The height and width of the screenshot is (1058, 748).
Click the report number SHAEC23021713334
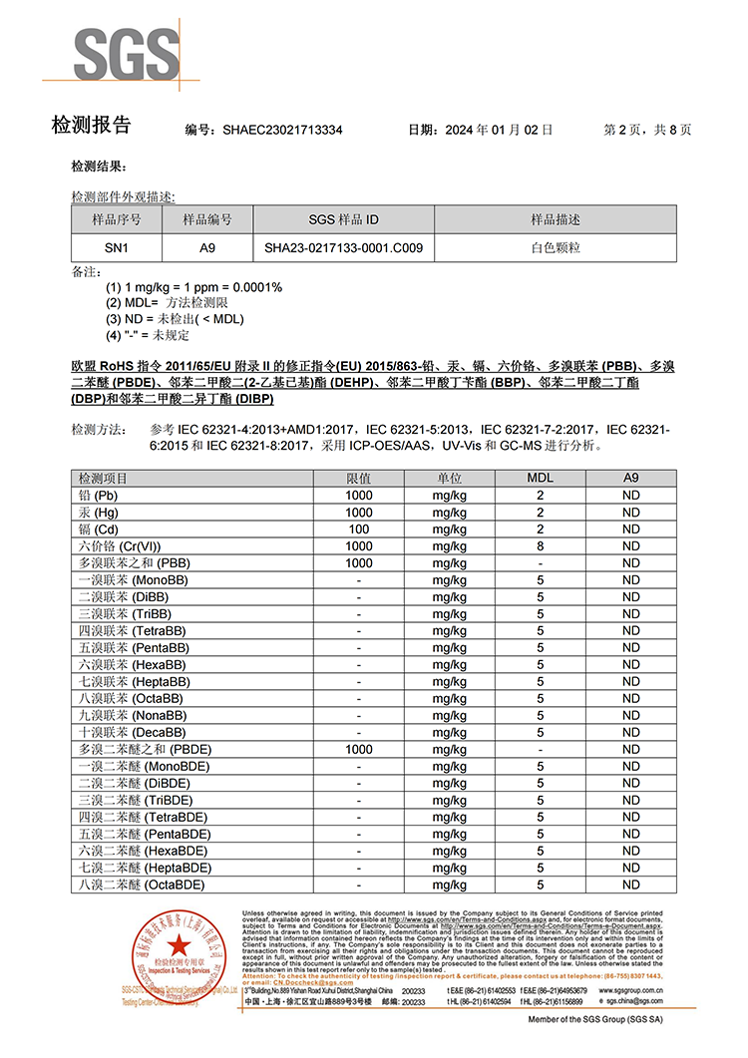282,130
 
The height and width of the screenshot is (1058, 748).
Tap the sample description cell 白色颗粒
555,248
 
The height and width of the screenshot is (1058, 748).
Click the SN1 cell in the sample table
117,248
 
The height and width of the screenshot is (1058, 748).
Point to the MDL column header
540,479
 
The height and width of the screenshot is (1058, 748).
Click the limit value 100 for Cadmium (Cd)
359,529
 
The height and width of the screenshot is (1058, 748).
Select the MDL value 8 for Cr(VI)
540,546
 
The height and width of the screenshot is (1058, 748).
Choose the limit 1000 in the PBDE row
359,749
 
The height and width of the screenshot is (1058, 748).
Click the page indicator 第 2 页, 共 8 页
647,130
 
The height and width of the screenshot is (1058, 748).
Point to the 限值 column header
359,479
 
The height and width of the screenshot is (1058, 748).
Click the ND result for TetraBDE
630,817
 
